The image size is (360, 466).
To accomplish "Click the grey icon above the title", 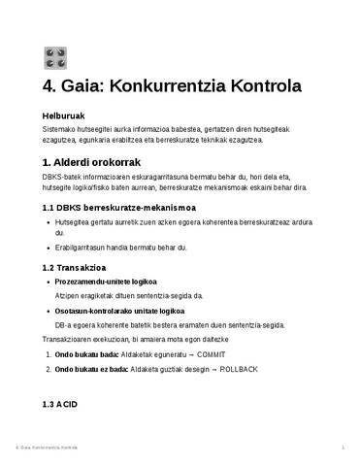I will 54,58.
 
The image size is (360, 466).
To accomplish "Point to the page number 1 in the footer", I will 344,448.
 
